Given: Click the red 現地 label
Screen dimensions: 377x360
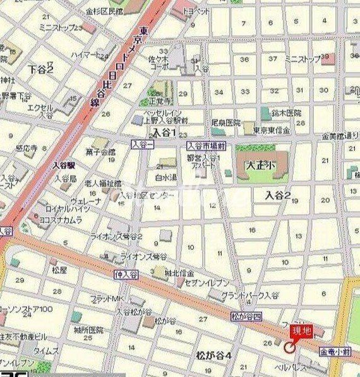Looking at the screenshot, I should tap(300, 330).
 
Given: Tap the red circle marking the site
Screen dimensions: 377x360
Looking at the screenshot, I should tap(290, 346).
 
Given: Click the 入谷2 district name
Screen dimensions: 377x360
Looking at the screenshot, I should tap(278, 196).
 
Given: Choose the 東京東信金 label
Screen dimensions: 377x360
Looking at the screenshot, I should tap(271, 130).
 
